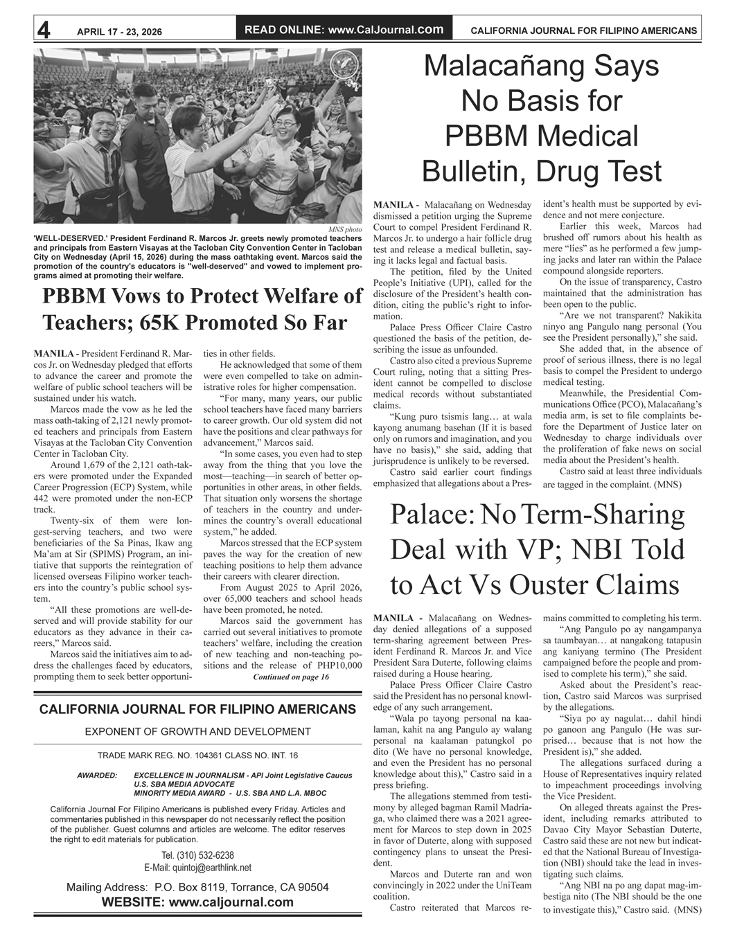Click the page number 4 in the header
pos(44,30)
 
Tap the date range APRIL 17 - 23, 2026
pos(119,31)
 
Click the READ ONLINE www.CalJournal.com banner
pos(344,30)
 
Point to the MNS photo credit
pos(344,229)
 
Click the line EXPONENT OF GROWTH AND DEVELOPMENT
pos(197,731)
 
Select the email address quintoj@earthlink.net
pos(197,868)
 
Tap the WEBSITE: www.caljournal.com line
pos(197,902)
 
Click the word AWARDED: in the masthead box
pos(97,775)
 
